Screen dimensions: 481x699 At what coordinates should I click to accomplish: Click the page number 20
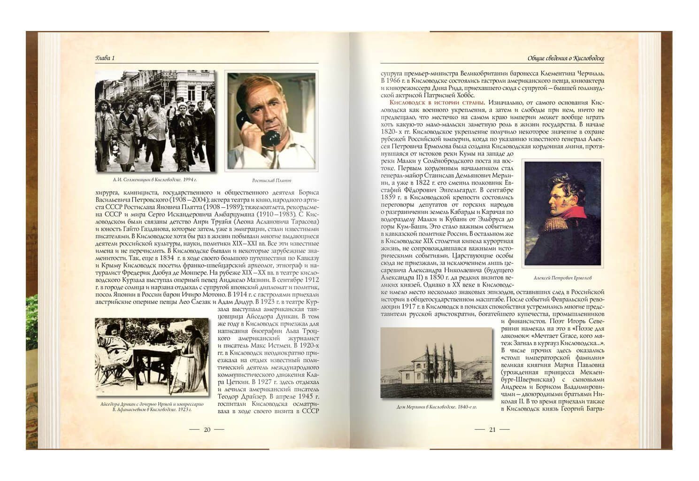click(x=207, y=429)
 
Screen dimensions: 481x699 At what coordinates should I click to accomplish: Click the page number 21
click(x=492, y=429)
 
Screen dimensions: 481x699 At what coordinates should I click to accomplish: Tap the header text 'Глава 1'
click(x=105, y=58)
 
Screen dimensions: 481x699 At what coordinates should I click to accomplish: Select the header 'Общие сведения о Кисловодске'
click(x=565, y=58)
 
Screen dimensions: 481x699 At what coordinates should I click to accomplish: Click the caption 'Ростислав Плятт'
click(x=271, y=180)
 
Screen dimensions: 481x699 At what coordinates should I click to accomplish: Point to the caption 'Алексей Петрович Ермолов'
click(x=562, y=278)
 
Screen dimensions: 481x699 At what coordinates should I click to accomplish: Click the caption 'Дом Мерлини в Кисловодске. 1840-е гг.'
click(x=436, y=407)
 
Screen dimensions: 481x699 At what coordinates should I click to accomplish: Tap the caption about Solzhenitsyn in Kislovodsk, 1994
click(x=155, y=180)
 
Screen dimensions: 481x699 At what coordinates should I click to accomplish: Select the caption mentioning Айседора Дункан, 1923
click(x=152, y=407)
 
